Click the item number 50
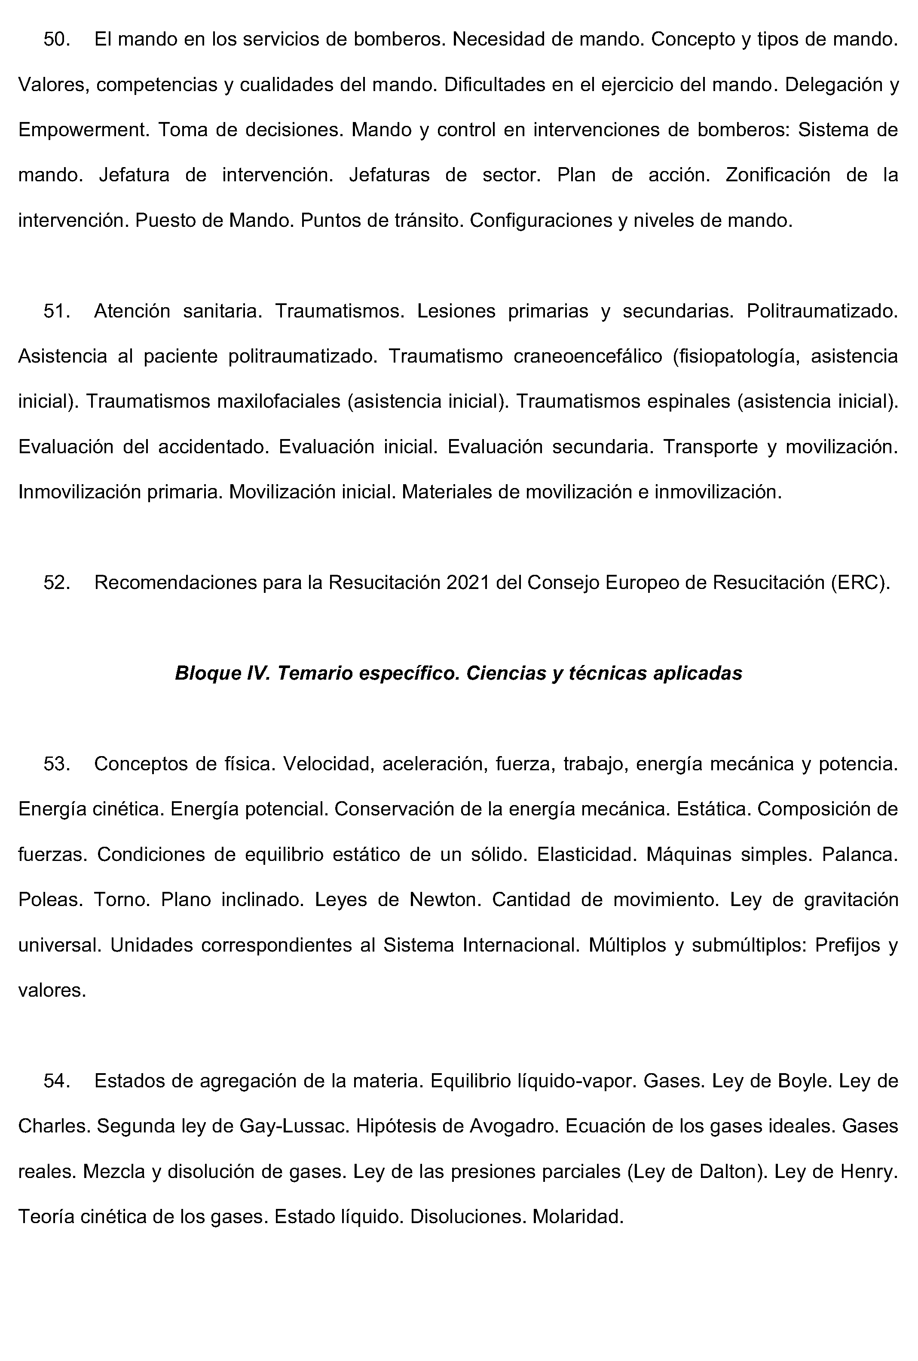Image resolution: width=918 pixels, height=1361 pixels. (57, 40)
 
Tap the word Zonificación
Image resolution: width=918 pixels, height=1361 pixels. (777, 175)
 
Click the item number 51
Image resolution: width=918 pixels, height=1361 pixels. (57, 311)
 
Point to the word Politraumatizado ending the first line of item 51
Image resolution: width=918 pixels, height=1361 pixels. (821, 311)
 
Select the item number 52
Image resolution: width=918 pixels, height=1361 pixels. (57, 583)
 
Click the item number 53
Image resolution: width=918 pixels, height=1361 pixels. (57, 764)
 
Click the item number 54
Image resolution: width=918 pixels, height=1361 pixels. (57, 1081)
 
